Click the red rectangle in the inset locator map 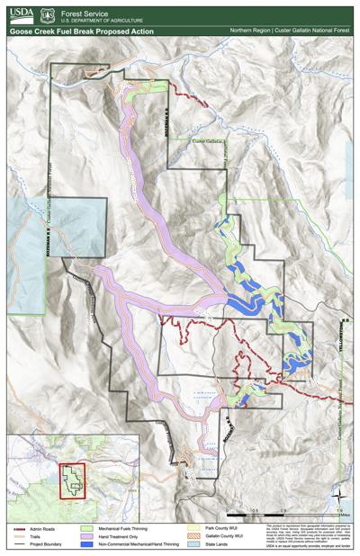point(68,480)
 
